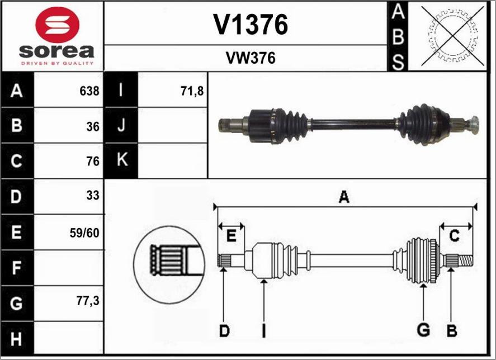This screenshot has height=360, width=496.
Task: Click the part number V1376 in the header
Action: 251,25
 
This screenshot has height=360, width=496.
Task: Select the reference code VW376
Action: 251,58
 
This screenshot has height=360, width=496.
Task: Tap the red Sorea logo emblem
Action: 57,25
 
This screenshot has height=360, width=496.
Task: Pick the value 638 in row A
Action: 89,91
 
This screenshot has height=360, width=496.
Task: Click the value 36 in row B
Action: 93,127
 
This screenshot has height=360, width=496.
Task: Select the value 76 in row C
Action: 93,162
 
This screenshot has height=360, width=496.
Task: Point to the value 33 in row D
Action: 93,196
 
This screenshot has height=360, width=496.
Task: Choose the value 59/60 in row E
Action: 84,233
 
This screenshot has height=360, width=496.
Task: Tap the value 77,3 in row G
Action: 88,301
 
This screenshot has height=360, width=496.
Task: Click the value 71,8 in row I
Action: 192,92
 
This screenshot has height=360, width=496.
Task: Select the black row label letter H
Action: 16,339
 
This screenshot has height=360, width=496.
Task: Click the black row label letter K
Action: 122,159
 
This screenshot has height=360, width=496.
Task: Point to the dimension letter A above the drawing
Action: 344,197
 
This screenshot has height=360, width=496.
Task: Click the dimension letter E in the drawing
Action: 232,236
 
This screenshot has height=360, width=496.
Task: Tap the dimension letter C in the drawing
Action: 455,236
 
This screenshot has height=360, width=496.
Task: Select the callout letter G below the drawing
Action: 423,330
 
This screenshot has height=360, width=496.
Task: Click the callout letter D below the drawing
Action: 224,331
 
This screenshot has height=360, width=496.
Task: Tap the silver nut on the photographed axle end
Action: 474,125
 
